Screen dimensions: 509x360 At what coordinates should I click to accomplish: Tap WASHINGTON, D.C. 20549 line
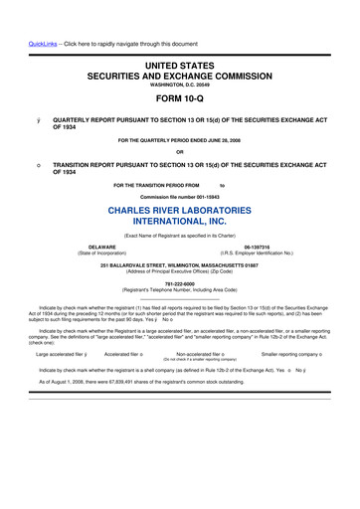(x=179, y=84)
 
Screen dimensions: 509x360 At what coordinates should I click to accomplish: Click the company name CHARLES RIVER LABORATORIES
(x=180, y=210)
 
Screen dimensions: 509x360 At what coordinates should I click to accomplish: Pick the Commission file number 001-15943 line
(x=179, y=197)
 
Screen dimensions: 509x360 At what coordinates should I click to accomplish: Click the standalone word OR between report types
(x=180, y=152)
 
